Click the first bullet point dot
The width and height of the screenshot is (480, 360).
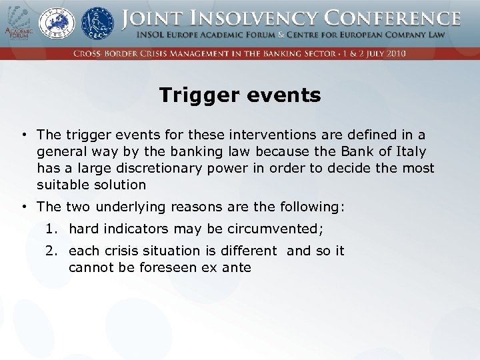[23, 135]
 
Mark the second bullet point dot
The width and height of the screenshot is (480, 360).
[23, 207]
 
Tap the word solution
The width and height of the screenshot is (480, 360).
[119, 185]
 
